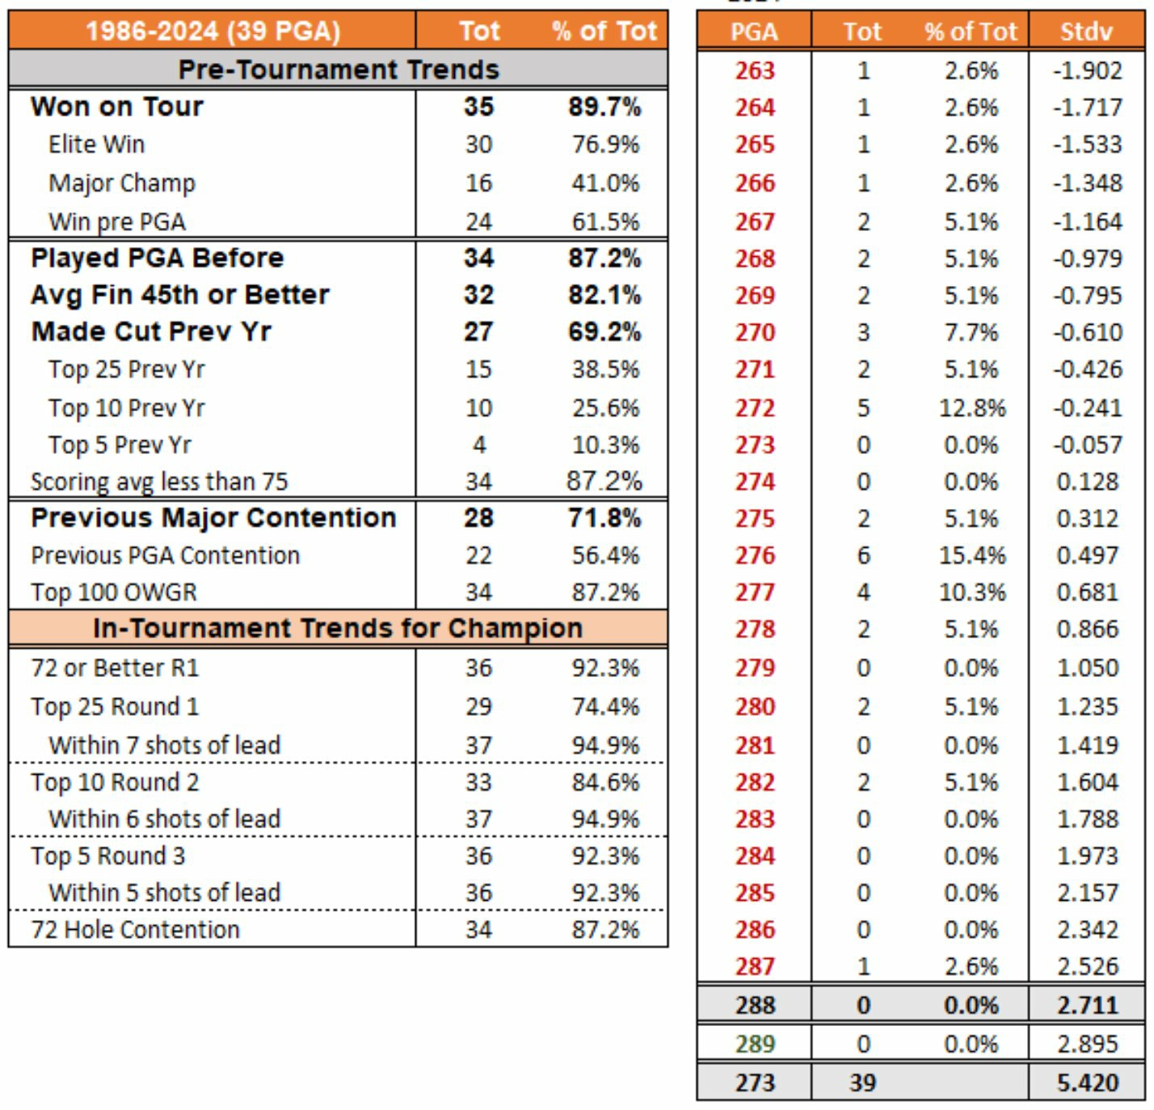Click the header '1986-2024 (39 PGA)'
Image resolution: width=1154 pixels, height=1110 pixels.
point(213,32)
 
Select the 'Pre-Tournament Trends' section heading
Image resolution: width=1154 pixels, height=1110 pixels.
point(338,69)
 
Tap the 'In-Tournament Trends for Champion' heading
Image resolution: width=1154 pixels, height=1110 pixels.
point(338,628)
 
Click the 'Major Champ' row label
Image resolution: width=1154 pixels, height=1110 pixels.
point(121,183)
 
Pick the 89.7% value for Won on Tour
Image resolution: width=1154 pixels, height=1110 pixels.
point(604,107)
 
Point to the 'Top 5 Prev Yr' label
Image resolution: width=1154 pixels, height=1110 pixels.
point(120,445)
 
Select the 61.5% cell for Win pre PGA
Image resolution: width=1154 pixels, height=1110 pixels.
point(605,221)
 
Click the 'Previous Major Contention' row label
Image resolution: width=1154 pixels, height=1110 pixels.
point(213,518)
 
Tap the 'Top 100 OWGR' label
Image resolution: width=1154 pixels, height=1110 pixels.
point(114,592)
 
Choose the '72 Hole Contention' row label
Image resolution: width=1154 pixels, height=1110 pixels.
point(135,930)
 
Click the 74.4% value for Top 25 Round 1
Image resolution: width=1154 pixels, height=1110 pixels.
point(605,707)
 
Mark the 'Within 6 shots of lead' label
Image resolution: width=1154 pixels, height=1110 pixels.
point(164,819)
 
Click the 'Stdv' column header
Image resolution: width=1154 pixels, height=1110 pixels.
point(1086,32)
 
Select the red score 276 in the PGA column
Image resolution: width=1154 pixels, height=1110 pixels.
point(755,556)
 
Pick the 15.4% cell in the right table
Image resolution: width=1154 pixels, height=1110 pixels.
point(972,556)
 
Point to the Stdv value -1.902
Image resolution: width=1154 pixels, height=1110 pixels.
point(1087,70)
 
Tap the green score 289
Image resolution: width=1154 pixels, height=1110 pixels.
point(755,1044)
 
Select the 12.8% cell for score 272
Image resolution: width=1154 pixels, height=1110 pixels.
point(972,408)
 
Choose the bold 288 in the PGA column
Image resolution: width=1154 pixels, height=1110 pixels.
point(755,1006)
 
